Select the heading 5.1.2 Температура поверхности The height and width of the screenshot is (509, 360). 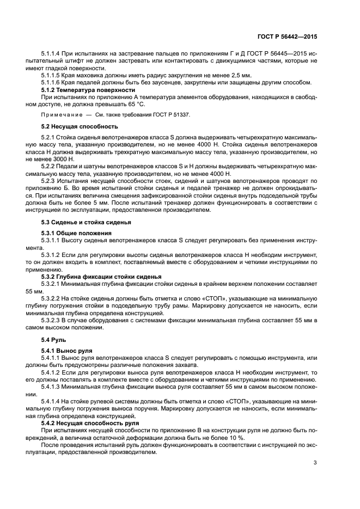pyautogui.click(x=88, y=89)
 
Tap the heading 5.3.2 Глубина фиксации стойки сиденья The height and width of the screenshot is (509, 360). pyautogui.click(x=101, y=276)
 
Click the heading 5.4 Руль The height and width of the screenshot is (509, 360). pyautogui.click(x=54, y=340)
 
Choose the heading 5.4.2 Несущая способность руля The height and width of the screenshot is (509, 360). pyautogui.click(x=90, y=422)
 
